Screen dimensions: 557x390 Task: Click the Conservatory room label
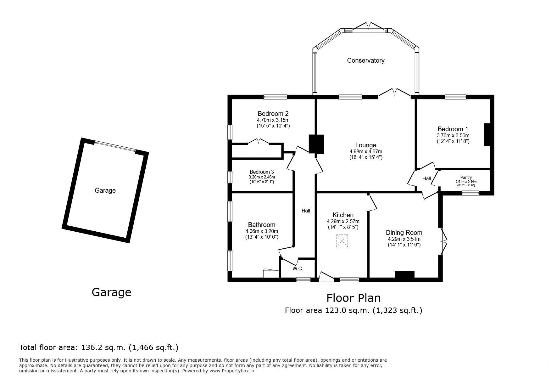[365, 60]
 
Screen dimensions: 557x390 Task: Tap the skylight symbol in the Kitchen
[343, 241]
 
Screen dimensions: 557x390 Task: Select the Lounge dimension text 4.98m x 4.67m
[366, 151]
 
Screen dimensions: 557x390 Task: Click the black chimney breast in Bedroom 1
[487, 135]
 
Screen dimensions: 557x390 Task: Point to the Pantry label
[466, 178]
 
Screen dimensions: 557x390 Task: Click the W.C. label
[298, 268]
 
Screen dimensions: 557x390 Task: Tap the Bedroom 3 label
[262, 172]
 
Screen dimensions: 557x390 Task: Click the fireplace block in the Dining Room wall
[404, 275]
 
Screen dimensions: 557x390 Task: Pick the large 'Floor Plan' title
[354, 298]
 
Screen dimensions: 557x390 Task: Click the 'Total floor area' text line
[99, 348]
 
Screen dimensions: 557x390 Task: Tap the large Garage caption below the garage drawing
[111, 292]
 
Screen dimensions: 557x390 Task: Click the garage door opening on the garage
[115, 147]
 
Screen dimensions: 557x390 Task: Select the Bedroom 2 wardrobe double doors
[259, 142]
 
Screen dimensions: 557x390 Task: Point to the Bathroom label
[262, 225]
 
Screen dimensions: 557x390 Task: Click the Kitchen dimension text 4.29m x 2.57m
[343, 221]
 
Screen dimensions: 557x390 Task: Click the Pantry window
[471, 193]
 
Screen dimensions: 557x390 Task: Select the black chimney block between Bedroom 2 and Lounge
[316, 144]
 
